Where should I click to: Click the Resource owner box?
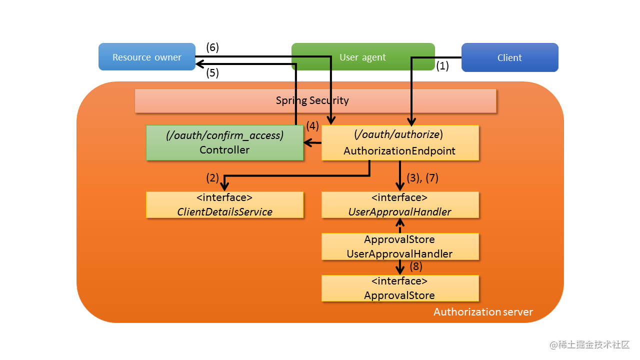click(x=146, y=57)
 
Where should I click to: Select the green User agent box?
click(x=362, y=57)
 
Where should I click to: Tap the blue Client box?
click(x=509, y=57)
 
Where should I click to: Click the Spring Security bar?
click(x=315, y=100)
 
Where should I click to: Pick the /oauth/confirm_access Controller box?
click(x=224, y=142)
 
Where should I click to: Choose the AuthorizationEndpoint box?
click(x=400, y=142)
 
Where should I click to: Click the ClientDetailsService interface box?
click(x=224, y=204)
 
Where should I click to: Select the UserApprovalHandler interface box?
click(x=400, y=204)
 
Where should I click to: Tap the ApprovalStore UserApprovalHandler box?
click(x=400, y=246)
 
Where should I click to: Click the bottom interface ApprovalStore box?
click(x=400, y=288)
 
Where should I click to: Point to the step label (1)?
click(x=442, y=65)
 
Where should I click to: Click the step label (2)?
click(x=212, y=177)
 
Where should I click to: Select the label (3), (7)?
click(x=423, y=177)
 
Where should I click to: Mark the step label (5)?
click(x=212, y=73)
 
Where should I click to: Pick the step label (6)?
click(x=212, y=47)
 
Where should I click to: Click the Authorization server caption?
click(x=483, y=312)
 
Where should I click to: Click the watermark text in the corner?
click(x=589, y=345)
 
